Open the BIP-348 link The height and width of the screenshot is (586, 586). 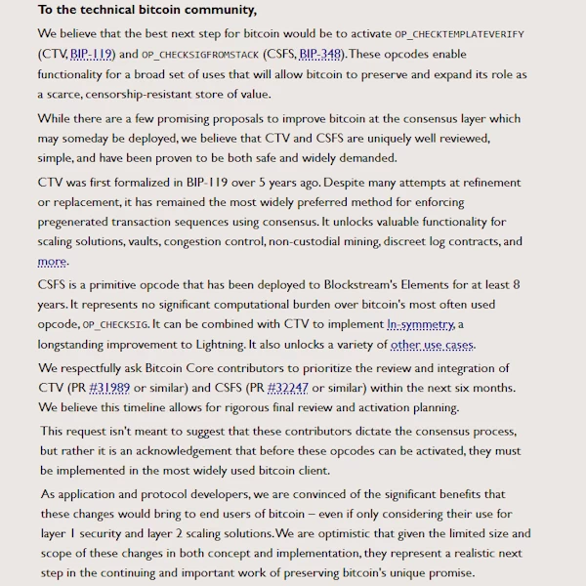tap(320, 55)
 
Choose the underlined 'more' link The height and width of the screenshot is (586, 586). tap(52, 261)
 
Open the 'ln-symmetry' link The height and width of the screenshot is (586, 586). tap(421, 324)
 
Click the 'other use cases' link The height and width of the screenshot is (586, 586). tap(432, 345)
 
